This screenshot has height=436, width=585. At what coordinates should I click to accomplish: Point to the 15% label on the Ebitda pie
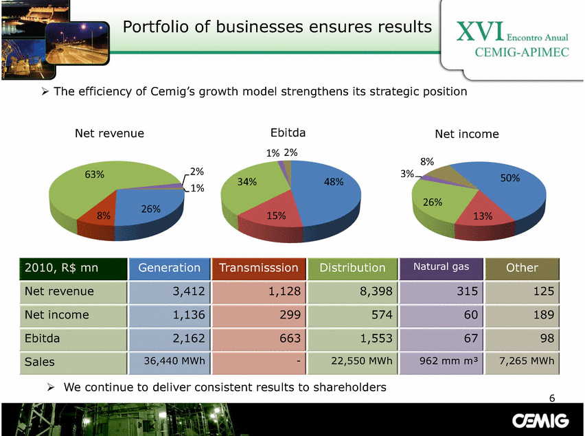click(x=276, y=216)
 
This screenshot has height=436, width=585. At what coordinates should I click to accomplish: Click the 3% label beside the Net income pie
click(x=407, y=174)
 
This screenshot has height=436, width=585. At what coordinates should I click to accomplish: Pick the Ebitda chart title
click(x=288, y=133)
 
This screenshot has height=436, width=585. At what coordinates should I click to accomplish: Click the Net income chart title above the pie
click(x=467, y=134)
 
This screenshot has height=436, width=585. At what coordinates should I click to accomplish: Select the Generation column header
click(x=170, y=268)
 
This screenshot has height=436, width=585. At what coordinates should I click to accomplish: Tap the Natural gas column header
click(x=441, y=267)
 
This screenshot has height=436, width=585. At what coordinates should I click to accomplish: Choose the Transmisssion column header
click(x=259, y=268)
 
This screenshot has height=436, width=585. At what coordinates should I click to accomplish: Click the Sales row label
click(x=40, y=362)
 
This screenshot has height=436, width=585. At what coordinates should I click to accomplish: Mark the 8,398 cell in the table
click(x=376, y=291)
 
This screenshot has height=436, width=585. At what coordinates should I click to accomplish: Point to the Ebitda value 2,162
click(x=189, y=339)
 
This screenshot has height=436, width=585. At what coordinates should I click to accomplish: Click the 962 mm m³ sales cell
click(x=449, y=360)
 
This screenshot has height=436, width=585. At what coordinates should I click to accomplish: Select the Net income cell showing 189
click(x=544, y=314)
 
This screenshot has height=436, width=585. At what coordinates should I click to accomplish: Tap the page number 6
click(x=552, y=398)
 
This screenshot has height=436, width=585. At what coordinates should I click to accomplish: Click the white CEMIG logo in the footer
click(x=540, y=421)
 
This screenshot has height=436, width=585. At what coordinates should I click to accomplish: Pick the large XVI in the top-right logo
click(x=480, y=32)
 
